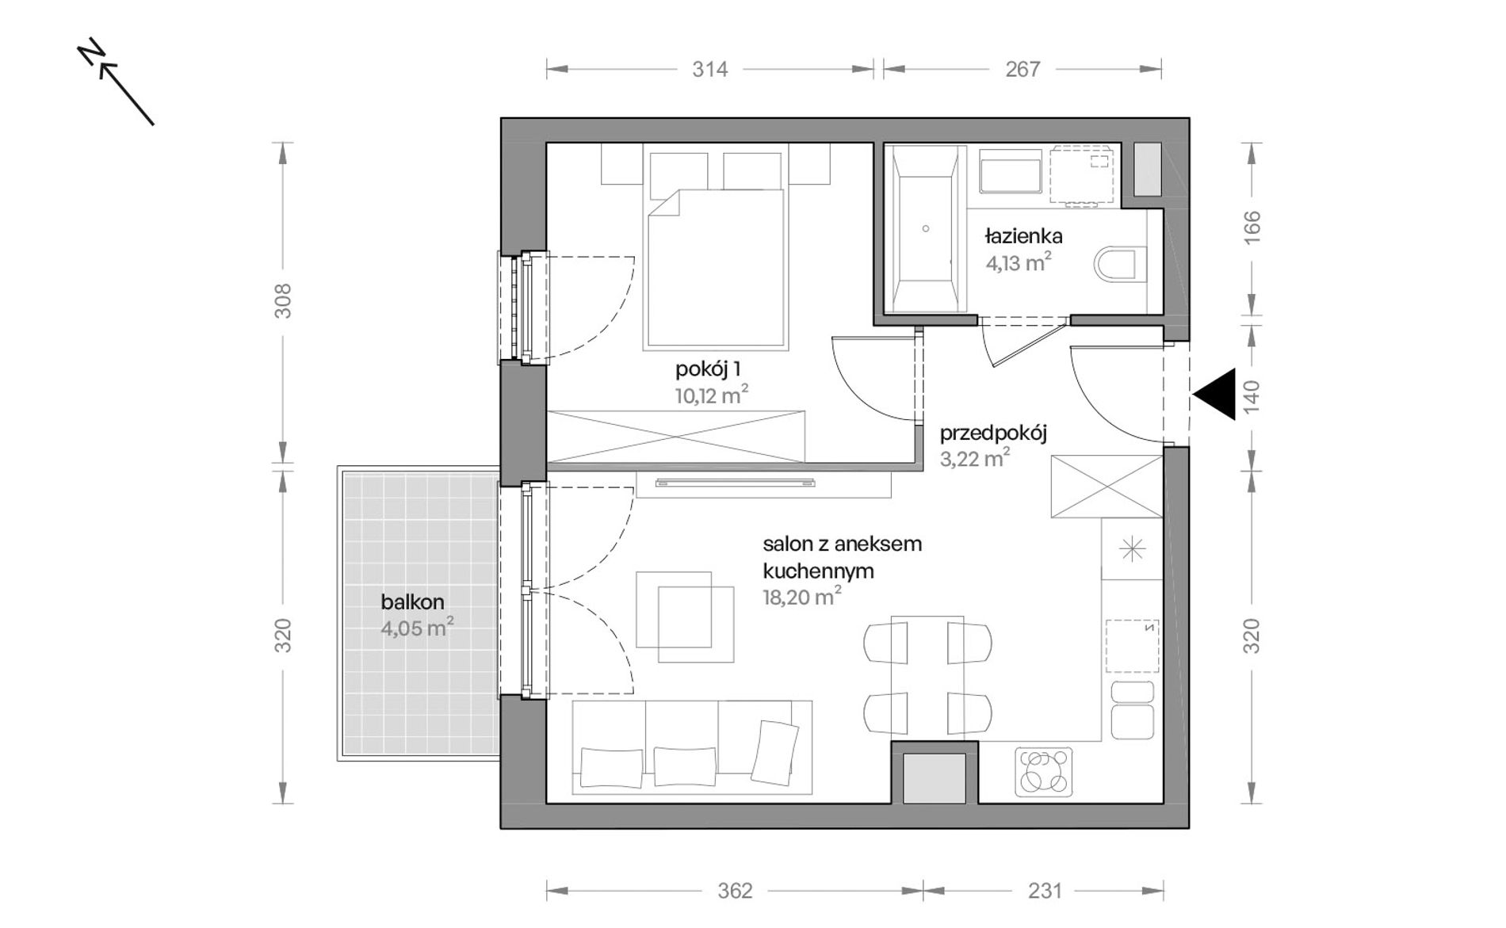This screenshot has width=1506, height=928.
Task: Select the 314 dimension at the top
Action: pyautogui.click(x=709, y=70)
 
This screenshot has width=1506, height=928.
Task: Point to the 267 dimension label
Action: pyautogui.click(x=1022, y=70)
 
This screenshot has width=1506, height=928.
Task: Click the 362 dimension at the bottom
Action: pyautogui.click(x=735, y=892)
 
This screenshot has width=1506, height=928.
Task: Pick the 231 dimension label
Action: pyautogui.click(x=1045, y=892)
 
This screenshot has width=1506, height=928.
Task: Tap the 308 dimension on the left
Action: pyautogui.click(x=283, y=301)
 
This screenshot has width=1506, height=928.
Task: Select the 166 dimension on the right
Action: pyautogui.click(x=1252, y=227)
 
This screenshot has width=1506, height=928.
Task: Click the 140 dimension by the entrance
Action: pyautogui.click(x=1252, y=397)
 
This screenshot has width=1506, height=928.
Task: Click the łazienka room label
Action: pyautogui.click(x=1024, y=236)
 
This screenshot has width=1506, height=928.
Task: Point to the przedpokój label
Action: pyautogui.click(x=994, y=433)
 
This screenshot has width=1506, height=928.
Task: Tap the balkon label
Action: pyautogui.click(x=412, y=602)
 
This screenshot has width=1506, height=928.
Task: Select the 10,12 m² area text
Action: pyautogui.click(x=712, y=395)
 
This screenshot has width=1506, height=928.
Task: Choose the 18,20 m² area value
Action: pyautogui.click(x=802, y=596)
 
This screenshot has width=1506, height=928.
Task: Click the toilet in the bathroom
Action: pyautogui.click(x=1120, y=265)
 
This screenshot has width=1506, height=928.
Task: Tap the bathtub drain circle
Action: pyautogui.click(x=926, y=229)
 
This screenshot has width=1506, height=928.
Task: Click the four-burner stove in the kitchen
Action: pyautogui.click(x=1044, y=771)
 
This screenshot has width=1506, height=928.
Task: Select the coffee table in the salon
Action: pyautogui.click(x=686, y=617)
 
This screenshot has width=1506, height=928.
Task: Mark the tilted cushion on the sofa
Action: pyautogui.click(x=774, y=754)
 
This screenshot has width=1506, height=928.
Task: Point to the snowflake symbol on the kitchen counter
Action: pyautogui.click(x=1133, y=548)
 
